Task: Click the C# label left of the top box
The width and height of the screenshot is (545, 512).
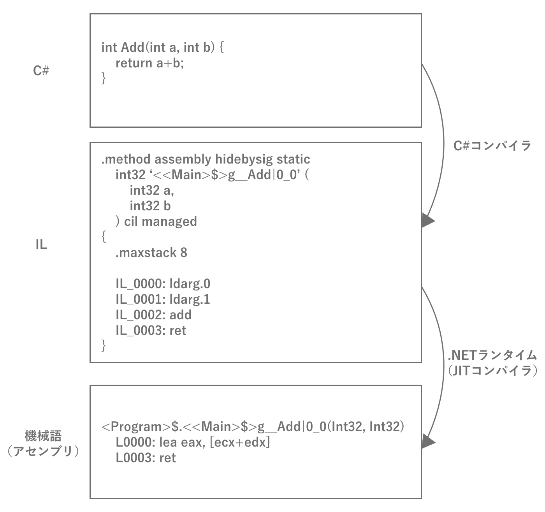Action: click(x=41, y=71)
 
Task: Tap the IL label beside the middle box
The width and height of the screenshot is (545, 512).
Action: click(x=41, y=245)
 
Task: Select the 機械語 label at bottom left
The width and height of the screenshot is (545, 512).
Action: click(x=43, y=436)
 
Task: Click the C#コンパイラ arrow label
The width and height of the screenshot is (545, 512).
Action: click(x=492, y=146)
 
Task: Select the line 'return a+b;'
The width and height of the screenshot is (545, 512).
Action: click(x=149, y=63)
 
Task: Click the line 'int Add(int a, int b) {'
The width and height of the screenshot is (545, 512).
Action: click(x=162, y=47)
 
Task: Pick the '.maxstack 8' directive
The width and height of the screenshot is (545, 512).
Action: click(x=151, y=253)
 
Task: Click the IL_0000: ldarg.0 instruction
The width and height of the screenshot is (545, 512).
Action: click(x=163, y=284)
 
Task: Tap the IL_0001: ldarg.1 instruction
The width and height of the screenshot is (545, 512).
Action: click(x=163, y=299)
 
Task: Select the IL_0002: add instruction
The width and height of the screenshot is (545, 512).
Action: click(x=153, y=315)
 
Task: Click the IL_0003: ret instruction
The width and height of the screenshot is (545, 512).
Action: click(x=151, y=331)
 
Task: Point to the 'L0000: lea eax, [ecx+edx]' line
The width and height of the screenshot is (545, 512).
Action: click(x=193, y=442)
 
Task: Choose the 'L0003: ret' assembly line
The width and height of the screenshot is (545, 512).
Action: click(x=146, y=458)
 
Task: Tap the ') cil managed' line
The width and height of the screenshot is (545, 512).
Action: click(x=156, y=221)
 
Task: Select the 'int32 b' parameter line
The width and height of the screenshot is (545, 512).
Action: click(x=150, y=206)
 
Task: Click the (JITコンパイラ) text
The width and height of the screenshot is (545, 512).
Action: click(x=492, y=370)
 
